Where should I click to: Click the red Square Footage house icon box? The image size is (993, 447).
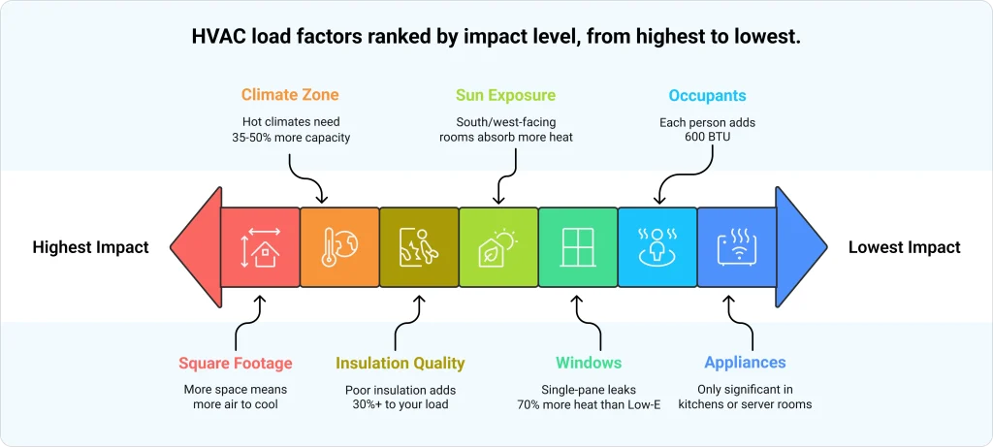(x=259, y=247)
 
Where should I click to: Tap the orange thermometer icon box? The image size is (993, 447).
(x=338, y=247)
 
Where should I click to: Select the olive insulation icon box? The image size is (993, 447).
(x=418, y=247)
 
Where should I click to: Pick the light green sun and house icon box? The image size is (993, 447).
(x=497, y=247)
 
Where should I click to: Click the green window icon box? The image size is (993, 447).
(x=577, y=247)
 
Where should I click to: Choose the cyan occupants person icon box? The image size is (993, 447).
(x=657, y=247)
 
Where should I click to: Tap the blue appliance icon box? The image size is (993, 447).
(x=736, y=247)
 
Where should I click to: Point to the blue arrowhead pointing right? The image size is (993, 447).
(x=801, y=247)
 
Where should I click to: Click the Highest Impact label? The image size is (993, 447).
(x=90, y=247)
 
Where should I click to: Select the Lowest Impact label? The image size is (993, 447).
(x=904, y=247)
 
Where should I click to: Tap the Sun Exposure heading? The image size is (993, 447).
(x=505, y=96)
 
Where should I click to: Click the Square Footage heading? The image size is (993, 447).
(x=235, y=363)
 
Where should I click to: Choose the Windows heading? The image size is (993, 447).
(x=589, y=363)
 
